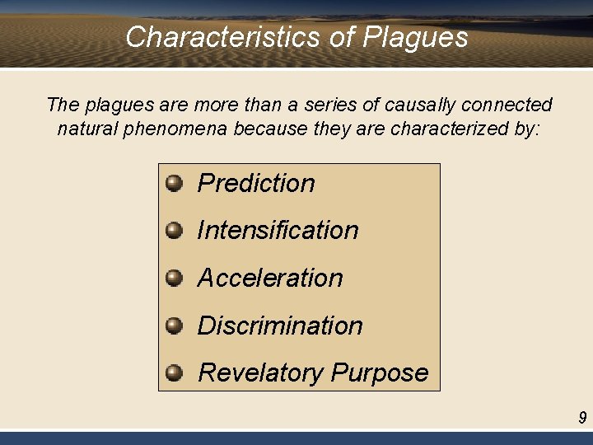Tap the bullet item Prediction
[x=256, y=183]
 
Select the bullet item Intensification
[x=278, y=230]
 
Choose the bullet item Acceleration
[x=270, y=278]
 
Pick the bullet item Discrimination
[x=280, y=326]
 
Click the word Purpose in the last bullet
[x=380, y=372]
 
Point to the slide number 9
[x=582, y=418]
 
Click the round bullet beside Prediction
[x=174, y=183]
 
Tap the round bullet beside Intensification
[x=174, y=230]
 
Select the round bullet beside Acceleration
[x=174, y=278]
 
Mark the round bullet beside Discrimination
[x=174, y=326]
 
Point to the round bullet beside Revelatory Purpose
[x=174, y=372]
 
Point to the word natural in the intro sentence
[x=86, y=129]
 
